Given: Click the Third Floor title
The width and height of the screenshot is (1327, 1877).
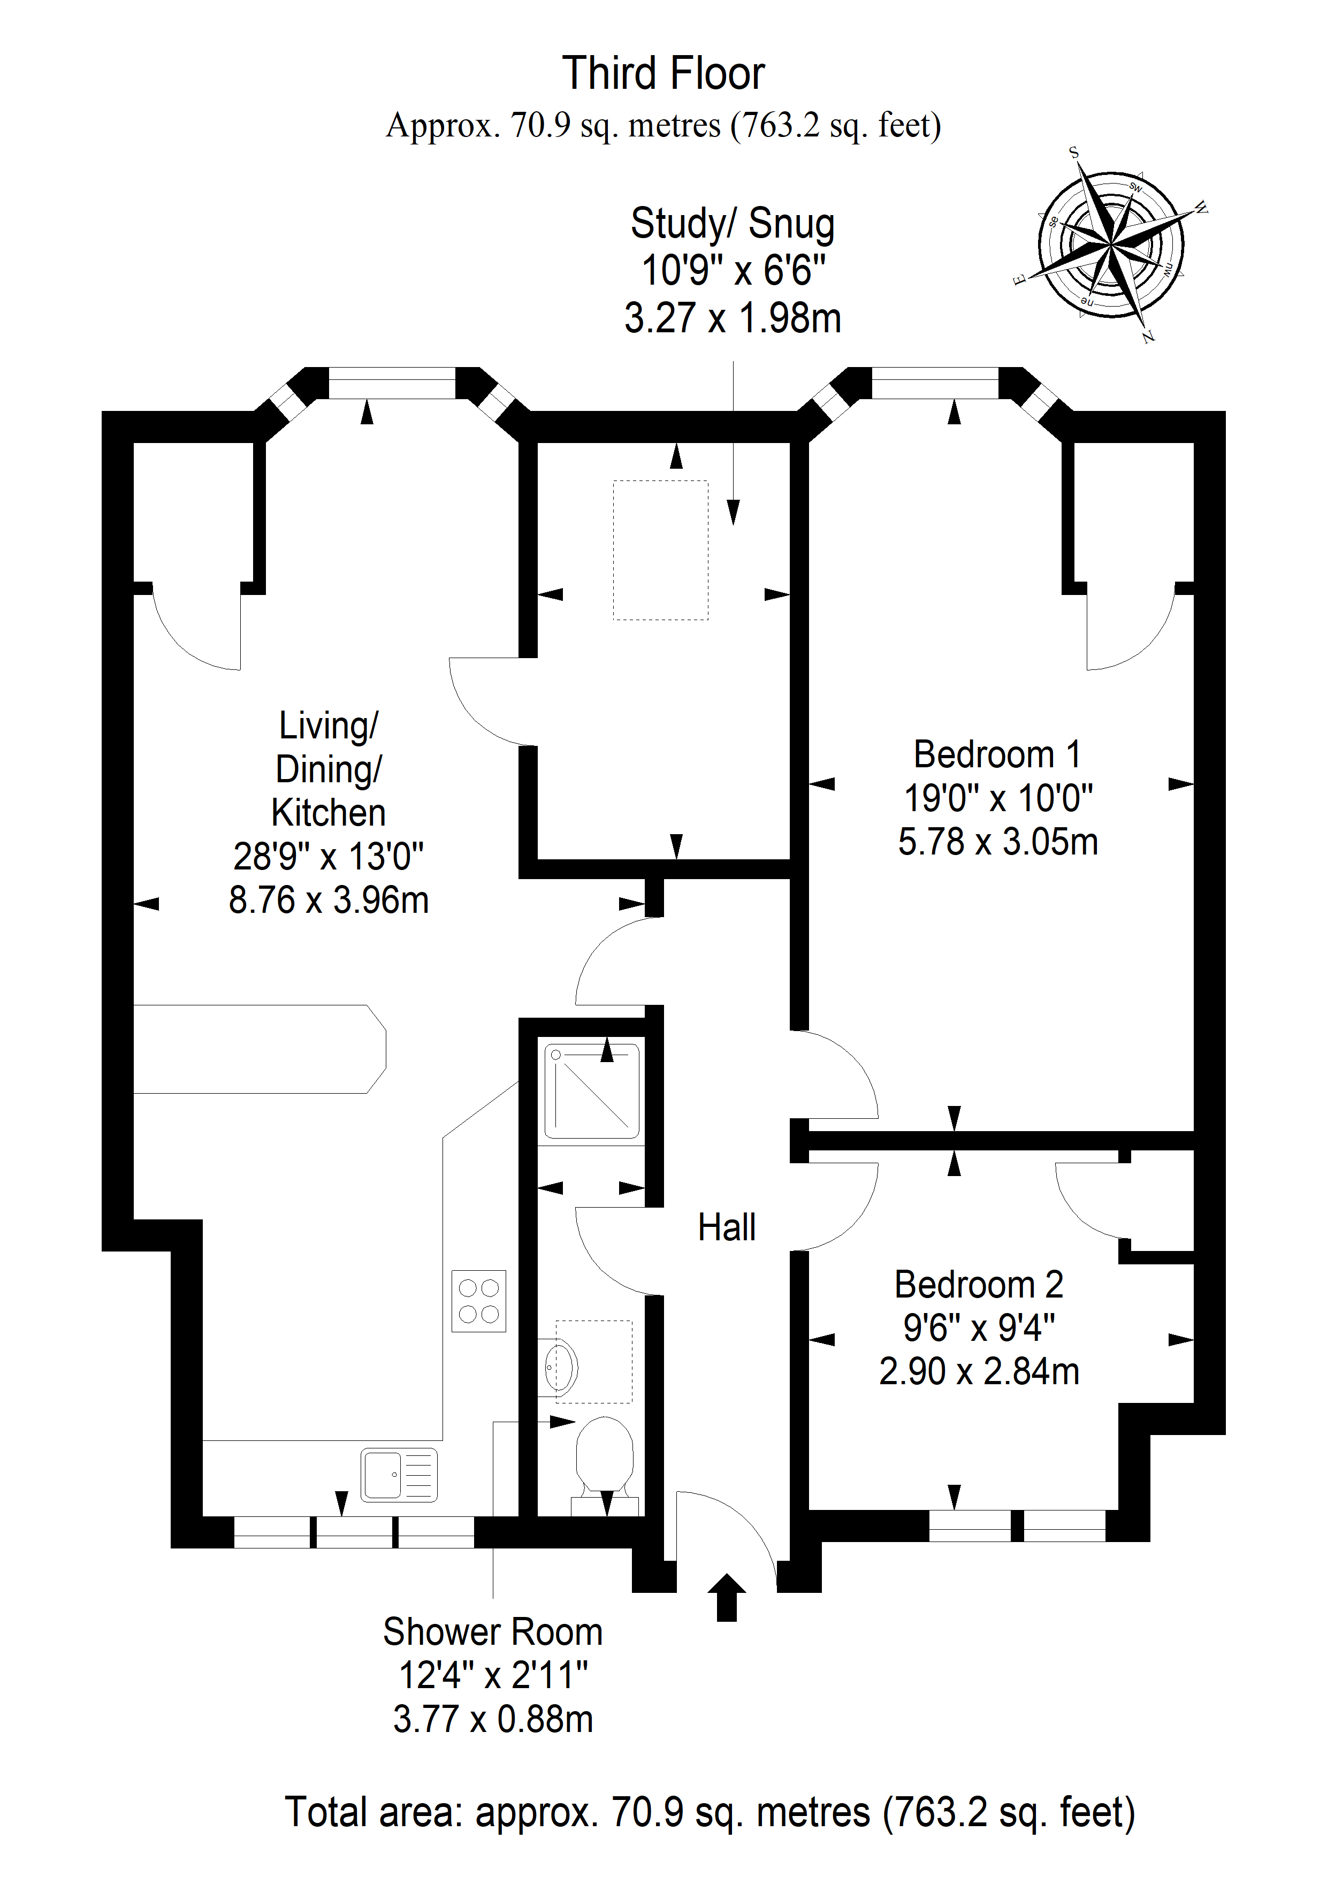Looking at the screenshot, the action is click(663, 74).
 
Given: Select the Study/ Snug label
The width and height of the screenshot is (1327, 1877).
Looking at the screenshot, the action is click(733, 224).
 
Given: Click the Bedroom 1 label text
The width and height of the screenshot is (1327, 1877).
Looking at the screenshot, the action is click(997, 754).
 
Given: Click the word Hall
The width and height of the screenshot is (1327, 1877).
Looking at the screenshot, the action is click(727, 1227).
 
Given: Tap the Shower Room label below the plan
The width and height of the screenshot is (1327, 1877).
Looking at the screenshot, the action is click(493, 1632).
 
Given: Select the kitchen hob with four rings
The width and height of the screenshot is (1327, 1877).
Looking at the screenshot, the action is click(479, 1301).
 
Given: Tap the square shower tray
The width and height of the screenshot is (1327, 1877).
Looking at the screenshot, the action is click(592, 1090).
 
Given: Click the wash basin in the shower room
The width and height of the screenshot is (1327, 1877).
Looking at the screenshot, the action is click(560, 1366).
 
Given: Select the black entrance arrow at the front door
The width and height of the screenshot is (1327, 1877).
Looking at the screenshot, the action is click(726, 1597).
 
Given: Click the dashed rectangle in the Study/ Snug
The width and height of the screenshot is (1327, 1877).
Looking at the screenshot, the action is click(661, 550).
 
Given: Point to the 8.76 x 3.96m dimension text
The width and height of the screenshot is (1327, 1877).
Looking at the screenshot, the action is click(329, 900).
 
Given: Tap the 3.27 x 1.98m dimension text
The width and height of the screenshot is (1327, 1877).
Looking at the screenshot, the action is click(733, 317).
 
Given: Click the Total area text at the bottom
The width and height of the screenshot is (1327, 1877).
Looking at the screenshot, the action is click(710, 1812).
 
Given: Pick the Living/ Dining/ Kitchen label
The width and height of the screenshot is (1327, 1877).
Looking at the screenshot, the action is click(329, 769).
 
